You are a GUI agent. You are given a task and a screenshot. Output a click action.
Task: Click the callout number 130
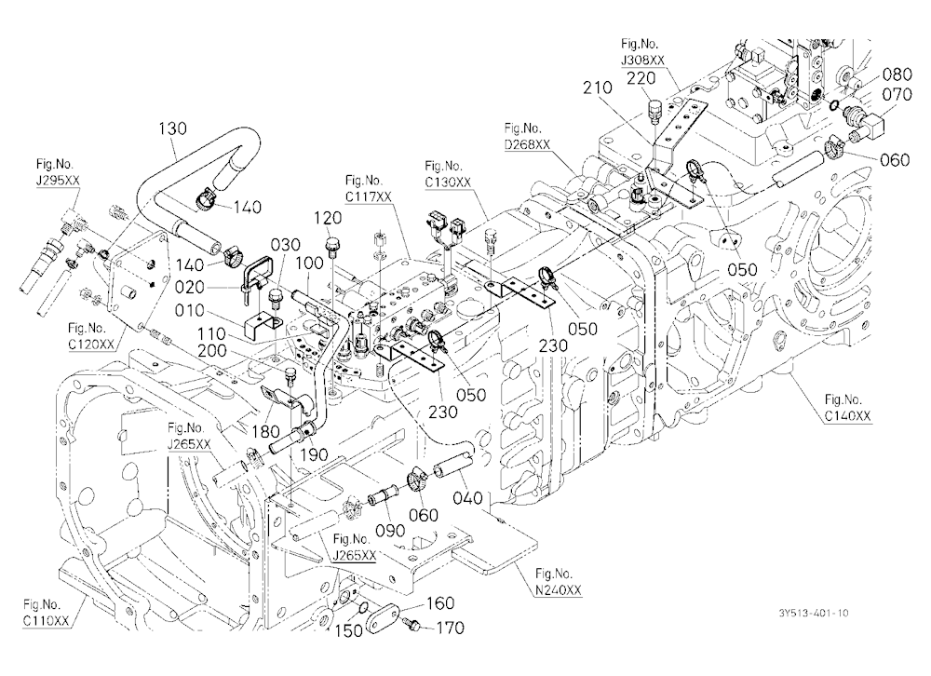[173, 128]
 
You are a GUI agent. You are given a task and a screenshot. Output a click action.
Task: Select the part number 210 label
[598, 88]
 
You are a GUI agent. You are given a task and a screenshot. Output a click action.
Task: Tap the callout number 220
[642, 78]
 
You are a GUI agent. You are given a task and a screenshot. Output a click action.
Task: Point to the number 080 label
[897, 74]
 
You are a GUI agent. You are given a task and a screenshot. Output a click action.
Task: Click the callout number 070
[897, 94]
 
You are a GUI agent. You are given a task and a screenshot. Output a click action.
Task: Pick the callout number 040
[468, 498]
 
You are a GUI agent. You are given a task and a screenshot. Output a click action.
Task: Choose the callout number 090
[391, 531]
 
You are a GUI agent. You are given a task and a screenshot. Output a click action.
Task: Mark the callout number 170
[451, 628]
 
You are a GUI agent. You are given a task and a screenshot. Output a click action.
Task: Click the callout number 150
[348, 630]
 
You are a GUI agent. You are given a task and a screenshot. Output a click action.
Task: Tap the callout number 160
[440, 603]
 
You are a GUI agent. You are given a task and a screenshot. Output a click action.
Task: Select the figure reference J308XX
[643, 60]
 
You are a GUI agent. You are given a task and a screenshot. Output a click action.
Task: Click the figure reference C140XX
[847, 416]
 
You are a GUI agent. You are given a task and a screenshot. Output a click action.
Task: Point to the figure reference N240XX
[559, 589]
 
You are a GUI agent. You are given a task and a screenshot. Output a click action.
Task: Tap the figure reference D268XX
[527, 144]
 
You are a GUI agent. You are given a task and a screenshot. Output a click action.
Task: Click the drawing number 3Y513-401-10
[814, 613]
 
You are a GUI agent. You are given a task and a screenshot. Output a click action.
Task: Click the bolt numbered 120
[332, 245]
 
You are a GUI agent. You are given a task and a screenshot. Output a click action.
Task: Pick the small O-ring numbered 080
[834, 106]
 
